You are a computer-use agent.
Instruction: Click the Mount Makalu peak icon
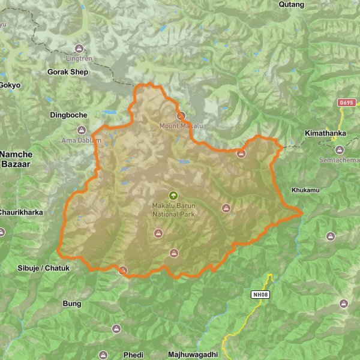click(181, 115)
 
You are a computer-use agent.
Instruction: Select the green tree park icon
click(173, 195)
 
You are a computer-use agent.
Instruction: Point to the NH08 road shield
click(259, 295)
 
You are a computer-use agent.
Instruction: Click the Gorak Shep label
click(67, 72)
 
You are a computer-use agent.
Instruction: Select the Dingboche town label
click(68, 115)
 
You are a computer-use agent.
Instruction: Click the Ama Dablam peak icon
click(82, 130)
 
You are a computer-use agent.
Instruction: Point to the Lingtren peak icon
click(79, 49)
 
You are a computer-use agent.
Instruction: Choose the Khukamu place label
click(303, 190)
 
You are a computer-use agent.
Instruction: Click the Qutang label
click(292, 4)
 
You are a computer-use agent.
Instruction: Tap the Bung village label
click(71, 304)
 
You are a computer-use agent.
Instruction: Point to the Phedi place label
click(133, 355)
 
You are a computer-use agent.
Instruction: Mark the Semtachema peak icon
click(339, 149)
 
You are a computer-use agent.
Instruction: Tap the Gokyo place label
click(10, 85)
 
